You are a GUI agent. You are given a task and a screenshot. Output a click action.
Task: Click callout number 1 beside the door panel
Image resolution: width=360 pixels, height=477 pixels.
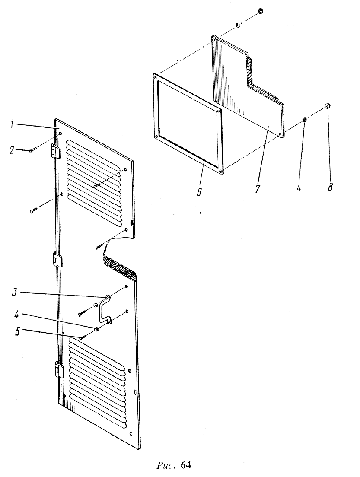(12, 125)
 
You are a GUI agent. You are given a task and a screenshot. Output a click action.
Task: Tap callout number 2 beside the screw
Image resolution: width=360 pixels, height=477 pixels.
(12, 150)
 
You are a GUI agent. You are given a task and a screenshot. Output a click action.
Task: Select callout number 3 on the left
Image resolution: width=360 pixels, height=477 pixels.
(14, 293)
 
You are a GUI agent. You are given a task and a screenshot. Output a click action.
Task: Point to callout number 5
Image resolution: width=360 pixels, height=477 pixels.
(18, 331)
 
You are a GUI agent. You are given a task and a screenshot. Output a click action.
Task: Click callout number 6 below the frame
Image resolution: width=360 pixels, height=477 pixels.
(199, 192)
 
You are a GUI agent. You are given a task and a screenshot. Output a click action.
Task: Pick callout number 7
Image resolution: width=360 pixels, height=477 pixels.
(258, 189)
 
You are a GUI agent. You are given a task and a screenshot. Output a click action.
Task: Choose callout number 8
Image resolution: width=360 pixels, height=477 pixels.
(330, 186)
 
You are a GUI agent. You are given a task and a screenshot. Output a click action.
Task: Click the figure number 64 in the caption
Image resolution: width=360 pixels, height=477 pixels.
(186, 465)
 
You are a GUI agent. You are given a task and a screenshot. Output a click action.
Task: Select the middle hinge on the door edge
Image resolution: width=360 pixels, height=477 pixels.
(57, 259)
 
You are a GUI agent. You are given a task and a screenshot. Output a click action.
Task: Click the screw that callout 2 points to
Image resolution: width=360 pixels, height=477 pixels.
(33, 149)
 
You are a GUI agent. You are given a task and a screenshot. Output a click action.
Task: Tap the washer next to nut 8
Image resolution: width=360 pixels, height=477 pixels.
(304, 119)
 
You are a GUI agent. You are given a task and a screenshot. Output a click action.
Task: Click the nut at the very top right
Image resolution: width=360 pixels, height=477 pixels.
(261, 11)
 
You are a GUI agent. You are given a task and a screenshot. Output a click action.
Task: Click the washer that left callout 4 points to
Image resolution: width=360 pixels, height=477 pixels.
(96, 329)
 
